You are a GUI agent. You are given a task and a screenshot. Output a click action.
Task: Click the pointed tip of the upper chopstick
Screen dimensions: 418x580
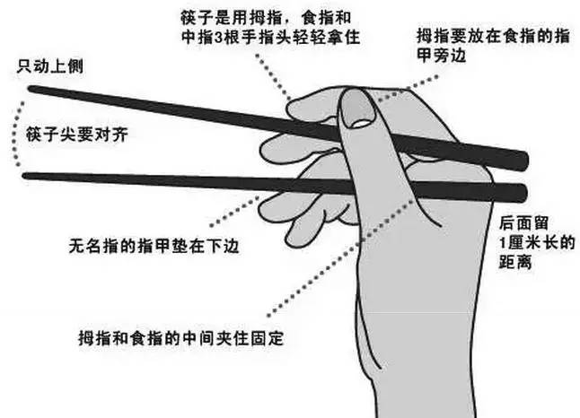[31, 89]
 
